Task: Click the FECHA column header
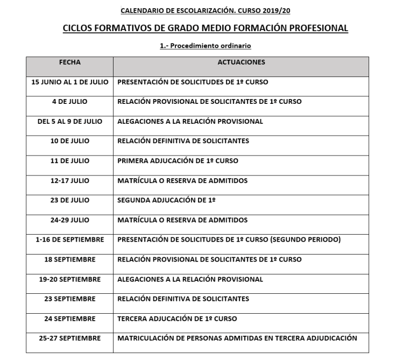point(70,62)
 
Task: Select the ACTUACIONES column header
point(241,62)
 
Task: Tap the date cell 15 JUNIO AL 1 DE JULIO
point(70,82)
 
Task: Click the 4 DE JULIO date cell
point(70,102)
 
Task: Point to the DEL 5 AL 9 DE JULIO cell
point(70,122)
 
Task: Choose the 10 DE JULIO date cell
point(70,141)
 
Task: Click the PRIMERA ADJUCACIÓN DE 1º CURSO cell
point(178,161)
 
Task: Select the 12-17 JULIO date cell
point(70,181)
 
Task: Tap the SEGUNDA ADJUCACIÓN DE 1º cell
point(166,200)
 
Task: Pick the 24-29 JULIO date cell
point(70,220)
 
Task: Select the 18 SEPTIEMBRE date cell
point(70,259)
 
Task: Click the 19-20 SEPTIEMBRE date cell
point(70,279)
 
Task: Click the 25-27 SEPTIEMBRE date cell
point(70,338)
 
